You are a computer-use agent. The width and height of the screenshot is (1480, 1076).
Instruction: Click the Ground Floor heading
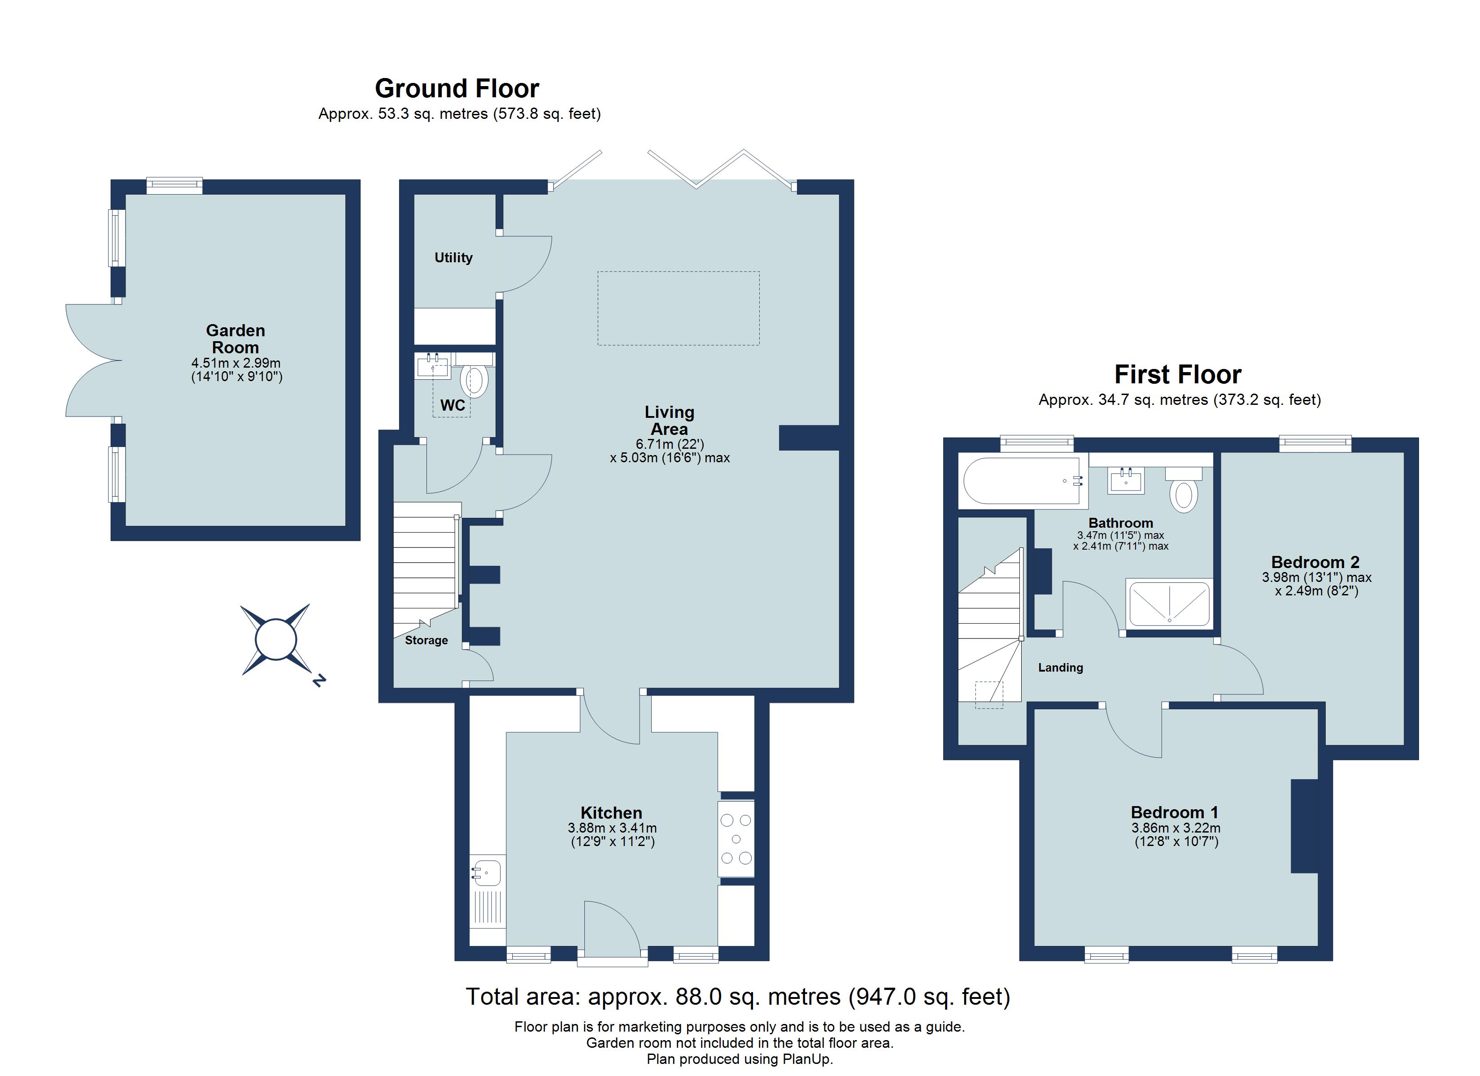point(457,88)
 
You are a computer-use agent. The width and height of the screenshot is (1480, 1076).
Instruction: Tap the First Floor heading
point(1178,374)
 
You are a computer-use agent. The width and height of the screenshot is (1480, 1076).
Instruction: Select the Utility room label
point(453,258)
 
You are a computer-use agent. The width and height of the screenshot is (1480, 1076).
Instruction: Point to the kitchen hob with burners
point(736,838)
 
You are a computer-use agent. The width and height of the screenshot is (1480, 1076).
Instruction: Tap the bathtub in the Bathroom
point(1023,481)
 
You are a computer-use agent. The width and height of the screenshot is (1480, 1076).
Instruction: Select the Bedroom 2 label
point(1315,562)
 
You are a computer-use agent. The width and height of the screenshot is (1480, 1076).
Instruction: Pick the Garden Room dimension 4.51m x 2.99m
point(236,363)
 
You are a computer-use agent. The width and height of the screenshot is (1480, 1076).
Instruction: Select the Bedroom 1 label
point(1175,812)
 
